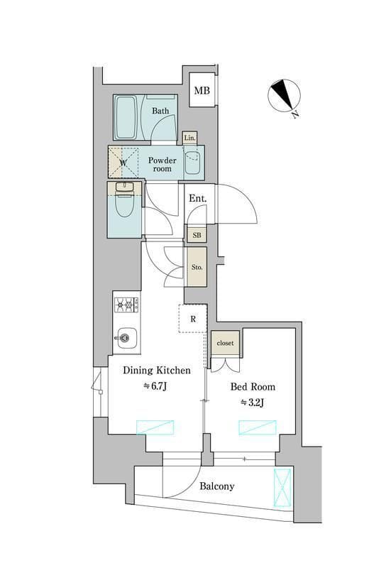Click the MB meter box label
click(202, 90)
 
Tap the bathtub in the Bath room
click(126, 117)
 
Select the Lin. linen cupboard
click(189, 138)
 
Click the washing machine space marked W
click(123, 163)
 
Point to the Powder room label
click(163, 165)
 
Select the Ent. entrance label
click(198, 199)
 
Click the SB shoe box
click(197, 235)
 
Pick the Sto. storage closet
click(197, 267)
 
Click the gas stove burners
click(126, 305)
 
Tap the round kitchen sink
click(125, 338)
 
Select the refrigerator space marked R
click(193, 319)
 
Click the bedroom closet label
click(225, 343)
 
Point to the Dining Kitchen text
click(157, 371)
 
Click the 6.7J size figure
click(155, 386)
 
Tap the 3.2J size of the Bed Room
click(252, 402)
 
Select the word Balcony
click(217, 486)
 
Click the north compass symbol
click(284, 95)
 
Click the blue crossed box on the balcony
click(282, 488)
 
